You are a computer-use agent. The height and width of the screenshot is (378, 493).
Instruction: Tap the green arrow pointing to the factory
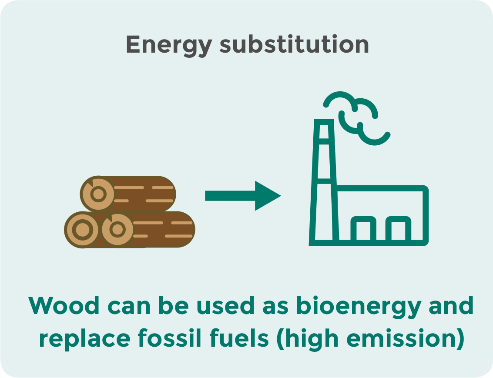coord(243,195)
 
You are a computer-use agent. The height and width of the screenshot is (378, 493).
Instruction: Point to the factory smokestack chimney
coord(324,182)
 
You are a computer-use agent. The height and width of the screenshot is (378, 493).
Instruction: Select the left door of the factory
coord(363,229)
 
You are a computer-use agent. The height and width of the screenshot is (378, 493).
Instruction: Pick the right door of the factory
coord(398,229)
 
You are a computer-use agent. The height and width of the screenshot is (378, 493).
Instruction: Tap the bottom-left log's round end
coord(82,229)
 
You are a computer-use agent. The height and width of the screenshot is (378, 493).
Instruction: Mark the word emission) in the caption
coord(406,339)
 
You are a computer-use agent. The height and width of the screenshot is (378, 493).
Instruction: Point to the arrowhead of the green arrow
coord(268,195)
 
